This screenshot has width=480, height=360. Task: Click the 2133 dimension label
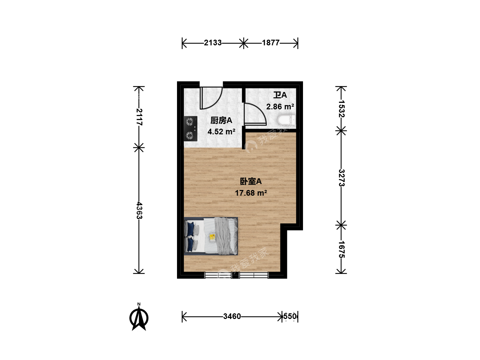tap(213, 43)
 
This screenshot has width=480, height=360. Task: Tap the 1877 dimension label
tap(271, 43)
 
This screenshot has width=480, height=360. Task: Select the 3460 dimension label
tap(232, 316)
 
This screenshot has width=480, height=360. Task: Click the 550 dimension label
tap(290, 316)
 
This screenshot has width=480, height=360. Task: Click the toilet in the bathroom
tap(286, 120)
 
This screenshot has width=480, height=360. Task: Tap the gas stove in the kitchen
tap(190, 129)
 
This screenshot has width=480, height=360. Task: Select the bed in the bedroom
tap(211, 236)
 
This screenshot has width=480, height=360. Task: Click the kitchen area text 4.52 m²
tap(221, 132)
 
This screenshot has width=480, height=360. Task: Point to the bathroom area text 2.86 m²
tap(280, 107)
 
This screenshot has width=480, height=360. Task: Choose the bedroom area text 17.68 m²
tap(251, 193)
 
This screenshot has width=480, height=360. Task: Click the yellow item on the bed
tap(212, 237)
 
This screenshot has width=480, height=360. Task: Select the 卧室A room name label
tap(251, 181)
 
